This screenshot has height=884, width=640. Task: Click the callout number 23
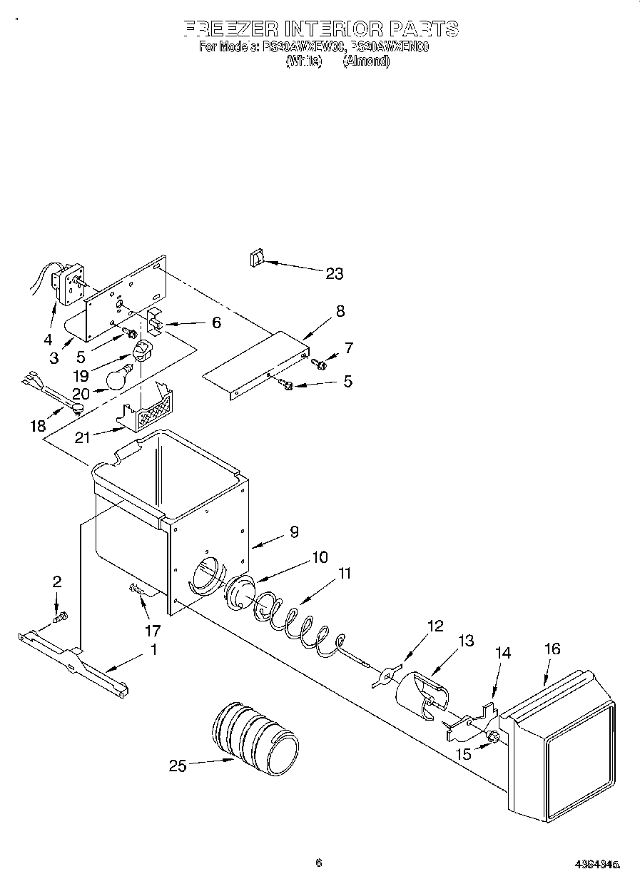(334, 273)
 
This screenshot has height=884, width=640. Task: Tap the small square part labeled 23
(256, 259)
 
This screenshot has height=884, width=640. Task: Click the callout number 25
(177, 766)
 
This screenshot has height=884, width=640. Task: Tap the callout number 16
(552, 649)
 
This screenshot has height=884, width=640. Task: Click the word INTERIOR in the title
(335, 29)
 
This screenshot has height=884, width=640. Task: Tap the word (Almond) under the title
(366, 62)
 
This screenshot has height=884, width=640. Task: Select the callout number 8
(340, 310)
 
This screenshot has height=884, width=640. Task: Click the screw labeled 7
(320, 365)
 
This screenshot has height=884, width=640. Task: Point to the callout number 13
(465, 641)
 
